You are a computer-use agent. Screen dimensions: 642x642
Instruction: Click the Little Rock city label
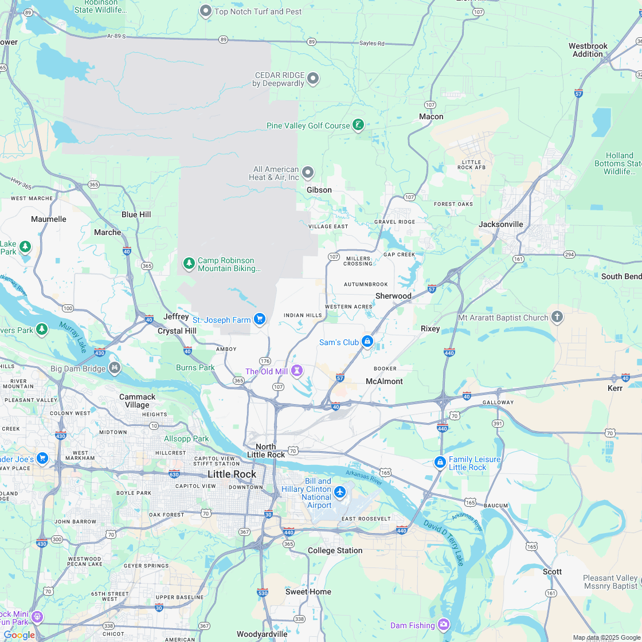pos(232,474)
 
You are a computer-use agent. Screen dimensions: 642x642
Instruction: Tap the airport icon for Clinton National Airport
pos(340,491)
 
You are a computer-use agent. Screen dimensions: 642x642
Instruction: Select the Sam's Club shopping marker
pos(367,342)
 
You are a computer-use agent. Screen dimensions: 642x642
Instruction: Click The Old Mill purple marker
pos(296,371)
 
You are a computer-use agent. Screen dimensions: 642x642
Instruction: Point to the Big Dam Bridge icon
pos(115,367)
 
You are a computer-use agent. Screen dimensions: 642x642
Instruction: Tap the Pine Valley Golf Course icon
pos(358,124)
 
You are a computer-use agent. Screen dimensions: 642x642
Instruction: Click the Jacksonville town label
pos(501,224)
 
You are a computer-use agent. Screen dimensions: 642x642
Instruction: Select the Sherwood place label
pos(393,296)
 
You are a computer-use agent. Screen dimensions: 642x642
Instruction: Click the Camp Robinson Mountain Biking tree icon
pos(189,263)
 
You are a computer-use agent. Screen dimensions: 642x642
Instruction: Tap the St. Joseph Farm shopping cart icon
pos(260,319)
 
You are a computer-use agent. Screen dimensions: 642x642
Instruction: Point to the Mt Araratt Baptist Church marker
pos(557,317)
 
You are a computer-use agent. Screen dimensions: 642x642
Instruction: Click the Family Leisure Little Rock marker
pos(440,462)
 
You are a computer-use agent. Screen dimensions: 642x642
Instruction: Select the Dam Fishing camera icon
pos(444,624)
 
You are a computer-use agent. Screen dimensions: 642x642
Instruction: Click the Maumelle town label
pos(49,219)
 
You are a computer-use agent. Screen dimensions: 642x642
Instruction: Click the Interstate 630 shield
pos(175,474)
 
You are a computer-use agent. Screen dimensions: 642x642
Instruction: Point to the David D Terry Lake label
pos(444,542)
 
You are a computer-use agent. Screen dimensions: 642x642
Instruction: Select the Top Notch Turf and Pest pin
pos(205,11)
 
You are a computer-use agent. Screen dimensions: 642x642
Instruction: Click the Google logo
pos(19,635)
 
